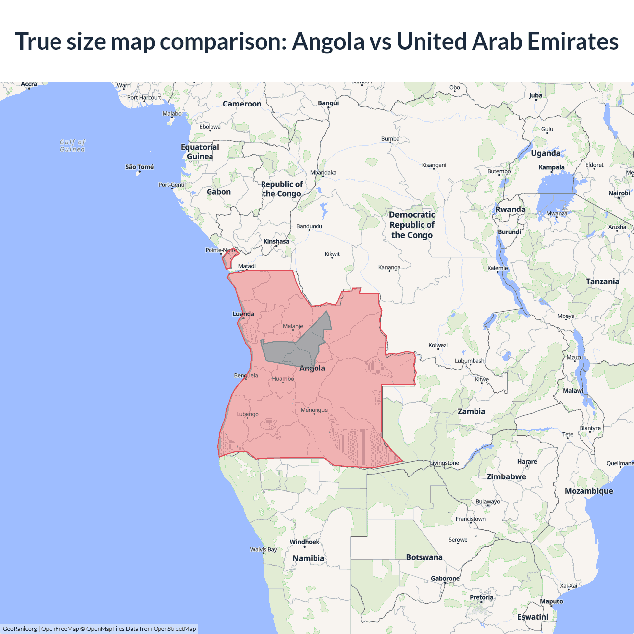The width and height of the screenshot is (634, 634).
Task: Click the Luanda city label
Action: click(243, 314)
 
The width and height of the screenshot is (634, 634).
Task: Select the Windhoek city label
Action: click(304, 542)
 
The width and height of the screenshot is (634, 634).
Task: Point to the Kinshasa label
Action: click(276, 242)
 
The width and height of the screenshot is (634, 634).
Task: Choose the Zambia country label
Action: click(471, 411)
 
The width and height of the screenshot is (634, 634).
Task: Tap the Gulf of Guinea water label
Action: click(72, 145)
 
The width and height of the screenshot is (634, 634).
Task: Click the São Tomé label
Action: click(139, 167)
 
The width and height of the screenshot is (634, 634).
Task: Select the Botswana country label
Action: click(424, 557)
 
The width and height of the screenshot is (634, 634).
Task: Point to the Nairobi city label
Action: click(619, 193)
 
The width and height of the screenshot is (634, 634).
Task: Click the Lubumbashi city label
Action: click(470, 361)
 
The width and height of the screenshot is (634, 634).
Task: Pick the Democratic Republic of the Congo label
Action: click(412, 225)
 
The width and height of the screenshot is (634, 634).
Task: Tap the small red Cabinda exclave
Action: click(228, 259)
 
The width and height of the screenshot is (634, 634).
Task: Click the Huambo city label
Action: click(283, 379)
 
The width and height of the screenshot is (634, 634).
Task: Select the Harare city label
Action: click(527, 461)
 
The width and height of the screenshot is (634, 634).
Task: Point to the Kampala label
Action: click(551, 167)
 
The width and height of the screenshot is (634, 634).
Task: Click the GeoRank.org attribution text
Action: click(20, 629)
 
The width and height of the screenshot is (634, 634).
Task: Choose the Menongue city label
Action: click(314, 410)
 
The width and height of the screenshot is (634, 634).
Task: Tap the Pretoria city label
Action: click(481, 597)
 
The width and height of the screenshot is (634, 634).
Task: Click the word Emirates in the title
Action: click(573, 41)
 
